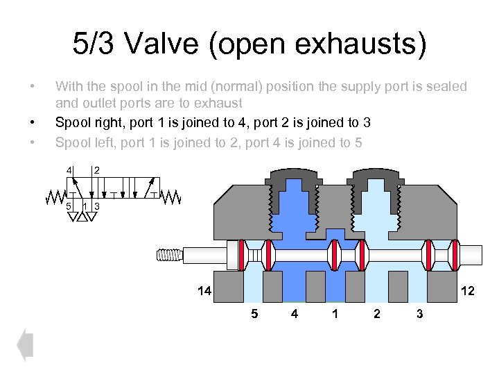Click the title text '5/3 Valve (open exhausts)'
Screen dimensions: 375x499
249,45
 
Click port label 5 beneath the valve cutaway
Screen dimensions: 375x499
254,315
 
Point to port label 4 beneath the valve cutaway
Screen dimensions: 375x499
295,315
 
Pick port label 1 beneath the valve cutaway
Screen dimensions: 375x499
335,315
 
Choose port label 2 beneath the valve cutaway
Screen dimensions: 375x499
376,315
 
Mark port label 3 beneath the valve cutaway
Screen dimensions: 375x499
419,315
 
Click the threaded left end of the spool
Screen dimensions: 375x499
171,254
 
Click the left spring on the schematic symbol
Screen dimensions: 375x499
55,197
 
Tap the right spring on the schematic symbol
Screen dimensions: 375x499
170,197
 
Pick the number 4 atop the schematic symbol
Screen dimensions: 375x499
69,170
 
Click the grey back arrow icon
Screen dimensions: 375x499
25,344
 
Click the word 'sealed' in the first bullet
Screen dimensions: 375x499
448,87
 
